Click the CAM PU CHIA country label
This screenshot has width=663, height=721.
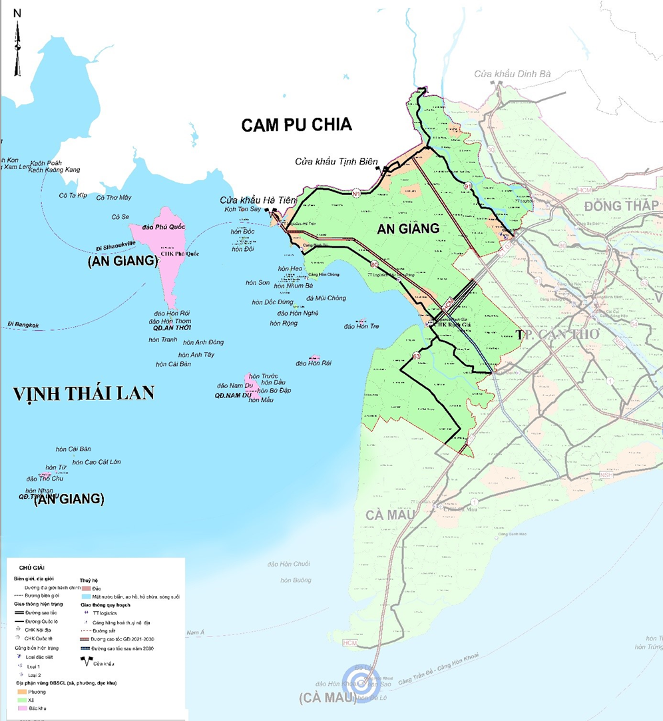pos(296,124)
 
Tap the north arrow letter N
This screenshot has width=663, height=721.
pos(17,13)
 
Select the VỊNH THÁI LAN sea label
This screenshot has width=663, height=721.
pos(84,393)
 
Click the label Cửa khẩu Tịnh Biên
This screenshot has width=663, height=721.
pos(336,162)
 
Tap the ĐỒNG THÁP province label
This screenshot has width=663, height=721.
pos(621,205)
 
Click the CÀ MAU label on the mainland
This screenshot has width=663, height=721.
pos(390,514)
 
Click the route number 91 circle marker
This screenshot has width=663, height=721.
pos(468,186)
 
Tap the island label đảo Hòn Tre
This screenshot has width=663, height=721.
pos(361,326)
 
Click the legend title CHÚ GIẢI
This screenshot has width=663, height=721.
pos(31,567)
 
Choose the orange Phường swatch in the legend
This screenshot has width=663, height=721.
pos(23,692)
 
